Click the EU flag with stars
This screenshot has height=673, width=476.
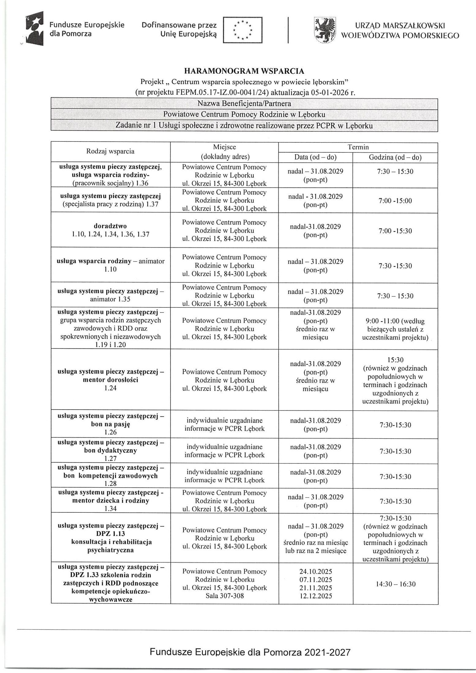tap(242, 30)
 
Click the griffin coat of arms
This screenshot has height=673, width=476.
tap(325, 30)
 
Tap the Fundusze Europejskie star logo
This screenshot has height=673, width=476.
tap(35, 28)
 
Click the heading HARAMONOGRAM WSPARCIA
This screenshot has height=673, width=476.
tap(244, 71)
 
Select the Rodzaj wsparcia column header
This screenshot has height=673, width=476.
tap(110, 151)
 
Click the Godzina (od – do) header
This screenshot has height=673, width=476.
tap(395, 157)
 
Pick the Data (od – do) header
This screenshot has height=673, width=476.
tap(315, 157)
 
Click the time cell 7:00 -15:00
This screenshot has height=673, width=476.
tap(395, 201)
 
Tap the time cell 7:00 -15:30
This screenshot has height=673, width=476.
tap(395, 231)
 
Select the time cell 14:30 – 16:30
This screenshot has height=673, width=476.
tap(395, 584)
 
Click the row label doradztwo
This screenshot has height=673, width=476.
tap(110, 226)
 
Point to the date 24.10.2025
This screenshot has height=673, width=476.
tap(316, 571)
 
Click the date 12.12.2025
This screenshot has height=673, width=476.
tap(316, 596)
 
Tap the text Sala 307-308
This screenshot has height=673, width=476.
tap(224, 596)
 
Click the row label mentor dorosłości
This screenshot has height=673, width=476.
tap(111, 380)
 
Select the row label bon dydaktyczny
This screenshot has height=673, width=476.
tap(111, 450)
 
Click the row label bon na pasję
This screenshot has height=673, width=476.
tap(111, 424)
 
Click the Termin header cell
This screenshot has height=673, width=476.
tap(358, 147)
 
